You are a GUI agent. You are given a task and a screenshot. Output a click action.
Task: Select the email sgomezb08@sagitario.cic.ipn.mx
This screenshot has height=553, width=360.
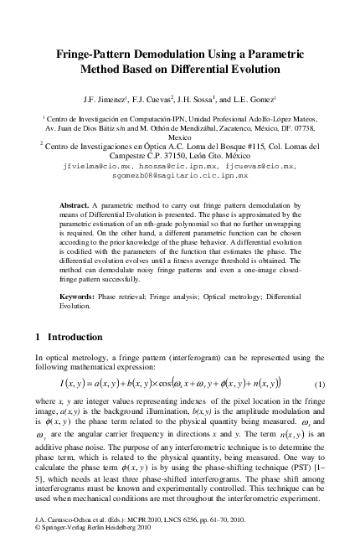[180, 176]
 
